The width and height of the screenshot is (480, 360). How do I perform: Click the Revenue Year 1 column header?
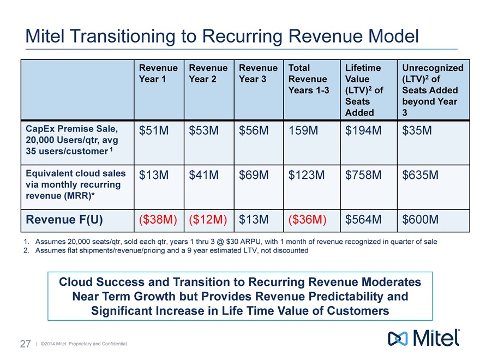point(158,73)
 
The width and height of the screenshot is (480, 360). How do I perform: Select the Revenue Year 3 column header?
point(258,73)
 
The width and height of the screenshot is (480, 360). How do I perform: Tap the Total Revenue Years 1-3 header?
point(308,79)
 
